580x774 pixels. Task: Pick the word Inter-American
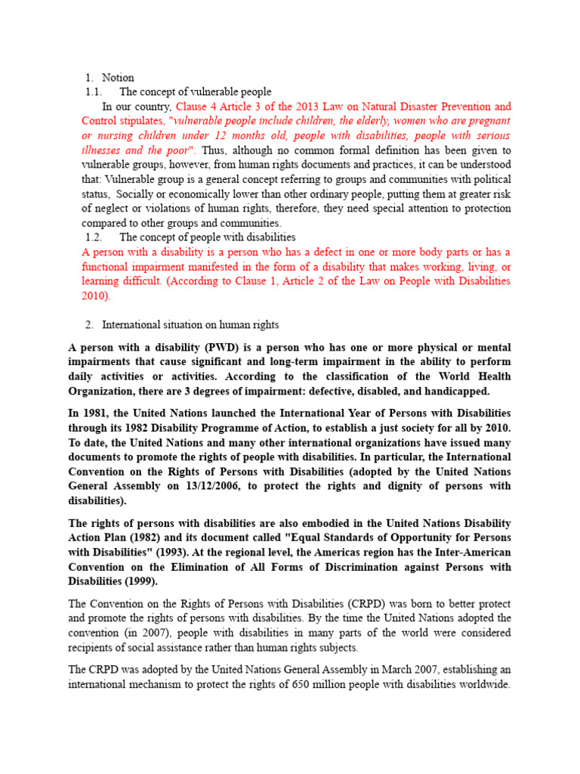click(470, 552)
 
